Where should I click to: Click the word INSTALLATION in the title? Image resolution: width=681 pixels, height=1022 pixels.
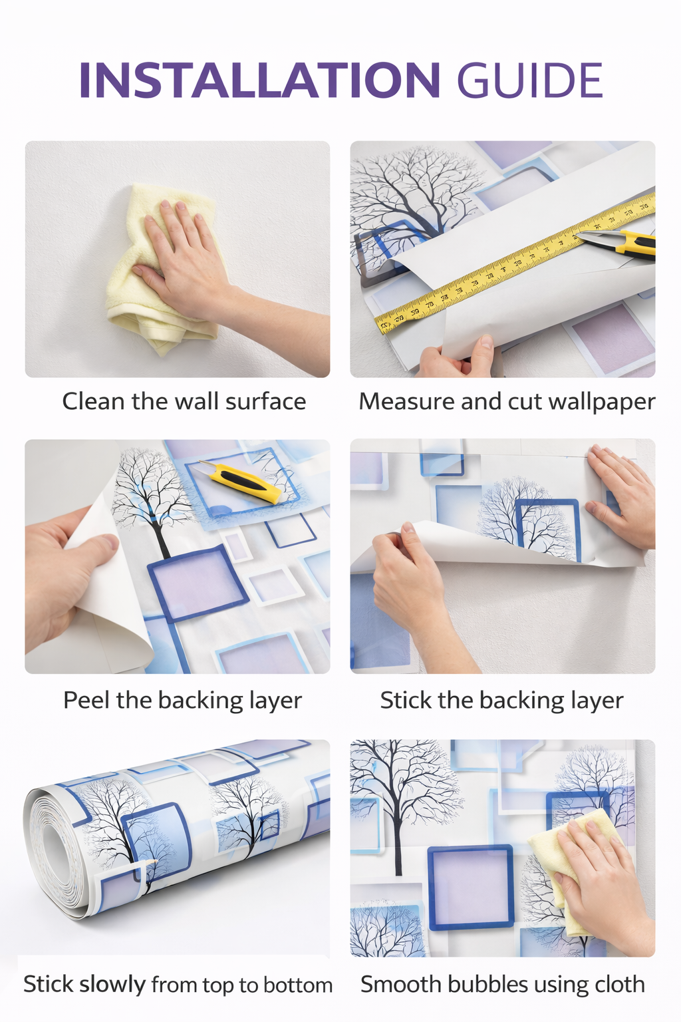(x=259, y=80)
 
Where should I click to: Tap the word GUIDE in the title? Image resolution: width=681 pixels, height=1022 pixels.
(x=530, y=80)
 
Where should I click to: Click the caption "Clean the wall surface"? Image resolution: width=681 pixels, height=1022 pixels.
(x=184, y=401)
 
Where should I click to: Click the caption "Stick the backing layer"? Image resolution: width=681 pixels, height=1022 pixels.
(x=501, y=701)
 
